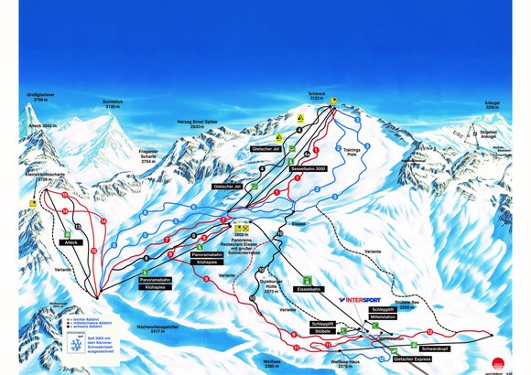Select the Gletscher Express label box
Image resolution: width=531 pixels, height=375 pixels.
410,359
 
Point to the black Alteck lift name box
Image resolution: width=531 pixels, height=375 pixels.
71,241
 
